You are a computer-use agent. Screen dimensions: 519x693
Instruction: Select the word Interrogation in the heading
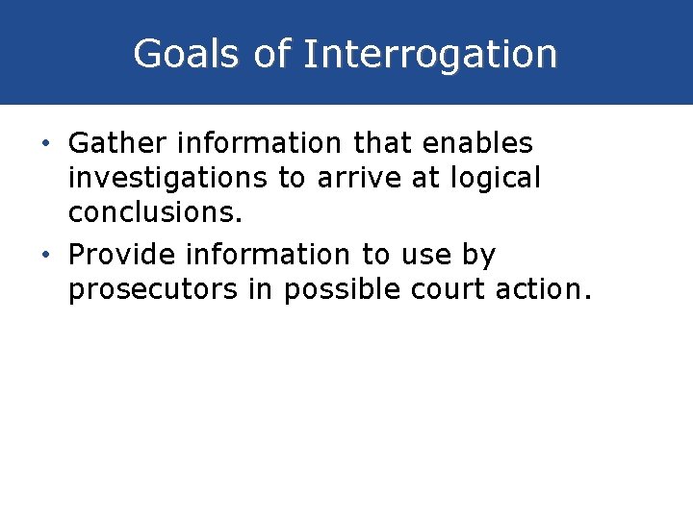[429, 54]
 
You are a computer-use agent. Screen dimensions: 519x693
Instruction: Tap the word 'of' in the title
[273, 54]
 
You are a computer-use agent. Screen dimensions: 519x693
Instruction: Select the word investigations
[168, 178]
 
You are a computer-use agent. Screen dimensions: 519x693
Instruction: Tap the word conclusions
[154, 212]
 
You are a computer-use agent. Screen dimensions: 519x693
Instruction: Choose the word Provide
[122, 255]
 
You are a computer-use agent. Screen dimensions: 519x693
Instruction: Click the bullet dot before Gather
[47, 144]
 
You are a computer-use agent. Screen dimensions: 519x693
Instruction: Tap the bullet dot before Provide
[47, 256]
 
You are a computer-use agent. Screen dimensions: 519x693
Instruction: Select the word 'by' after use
[479, 256]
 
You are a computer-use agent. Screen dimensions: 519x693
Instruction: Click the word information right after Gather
[253, 143]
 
